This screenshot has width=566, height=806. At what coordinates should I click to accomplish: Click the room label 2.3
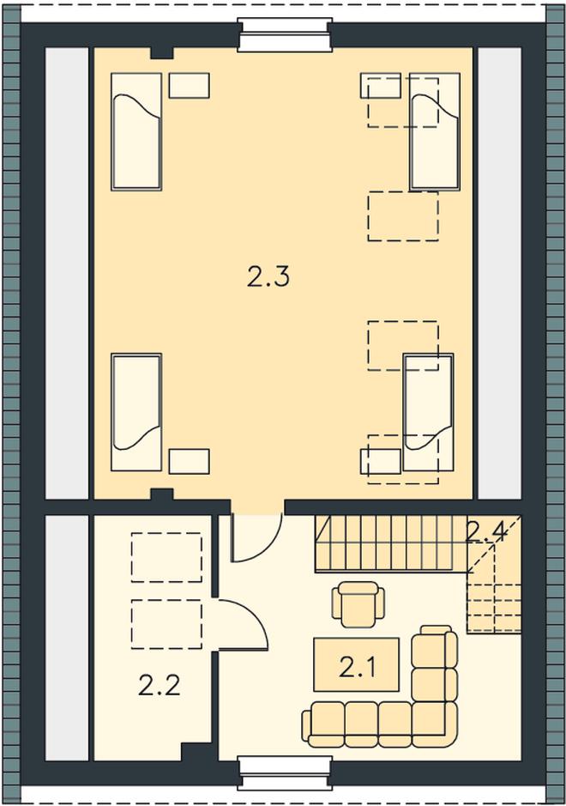pos(268,277)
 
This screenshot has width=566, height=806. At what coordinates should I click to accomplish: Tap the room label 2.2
pos(160,685)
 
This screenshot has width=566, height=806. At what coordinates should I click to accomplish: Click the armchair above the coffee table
pos(358,603)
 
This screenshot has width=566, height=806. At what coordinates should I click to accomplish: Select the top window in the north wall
pos(283,35)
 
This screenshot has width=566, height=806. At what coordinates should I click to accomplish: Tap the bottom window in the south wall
pos(283,772)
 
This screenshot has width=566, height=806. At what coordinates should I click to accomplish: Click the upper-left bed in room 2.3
pos(136,131)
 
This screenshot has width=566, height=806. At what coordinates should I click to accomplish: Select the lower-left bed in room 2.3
pos(136,412)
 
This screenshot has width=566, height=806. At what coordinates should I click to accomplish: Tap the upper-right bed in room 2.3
pos(435,131)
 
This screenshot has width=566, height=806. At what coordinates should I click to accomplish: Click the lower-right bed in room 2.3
pos(428,412)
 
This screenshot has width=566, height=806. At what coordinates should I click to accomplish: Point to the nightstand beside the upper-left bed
pos(189,85)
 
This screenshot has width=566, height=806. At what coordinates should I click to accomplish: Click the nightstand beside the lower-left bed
pos(189,461)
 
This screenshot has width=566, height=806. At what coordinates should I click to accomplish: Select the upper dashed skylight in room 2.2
pos(166,557)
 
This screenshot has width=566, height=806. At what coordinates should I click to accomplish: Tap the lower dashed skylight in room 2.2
pos(166,623)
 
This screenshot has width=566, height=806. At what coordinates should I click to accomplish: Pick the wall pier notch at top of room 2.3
pos(162,53)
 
